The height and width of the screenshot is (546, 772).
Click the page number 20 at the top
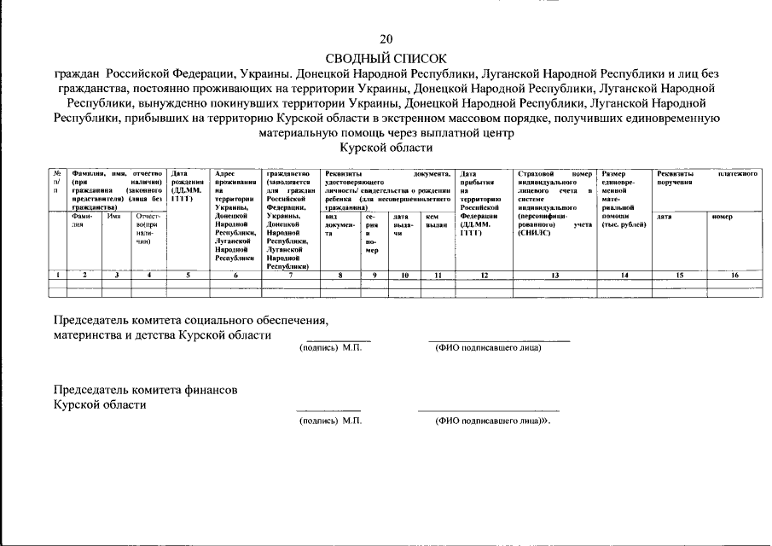pos(386,39)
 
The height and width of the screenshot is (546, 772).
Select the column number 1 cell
pos(56,275)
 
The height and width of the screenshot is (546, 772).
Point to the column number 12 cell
pos(484,275)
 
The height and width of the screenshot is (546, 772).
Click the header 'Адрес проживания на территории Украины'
pos(235,213)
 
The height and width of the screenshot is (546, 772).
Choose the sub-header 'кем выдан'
pos(436,220)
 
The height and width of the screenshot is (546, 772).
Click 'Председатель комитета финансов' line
pos(146,389)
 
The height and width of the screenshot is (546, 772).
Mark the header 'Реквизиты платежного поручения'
pos(707,177)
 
